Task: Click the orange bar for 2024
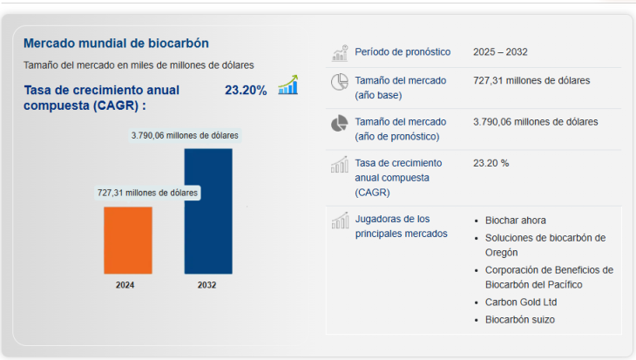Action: [128, 240]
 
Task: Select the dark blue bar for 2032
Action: [208, 211]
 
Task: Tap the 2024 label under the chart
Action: [125, 285]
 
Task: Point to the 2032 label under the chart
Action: [207, 285]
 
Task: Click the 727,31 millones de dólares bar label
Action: [147, 193]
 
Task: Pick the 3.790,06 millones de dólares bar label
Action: [185, 135]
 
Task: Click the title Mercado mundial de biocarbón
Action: [116, 43]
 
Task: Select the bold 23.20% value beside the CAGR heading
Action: [246, 90]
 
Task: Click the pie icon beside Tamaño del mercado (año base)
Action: [340, 83]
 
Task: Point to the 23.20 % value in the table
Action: [491, 163]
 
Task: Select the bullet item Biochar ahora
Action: [516, 221]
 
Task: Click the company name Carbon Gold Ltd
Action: [521, 302]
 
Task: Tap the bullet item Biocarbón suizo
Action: [520, 320]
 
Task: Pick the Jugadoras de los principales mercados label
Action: [393, 226]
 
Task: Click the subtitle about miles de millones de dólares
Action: [139, 65]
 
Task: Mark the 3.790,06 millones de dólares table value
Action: [535, 122]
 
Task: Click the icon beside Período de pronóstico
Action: [340, 52]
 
